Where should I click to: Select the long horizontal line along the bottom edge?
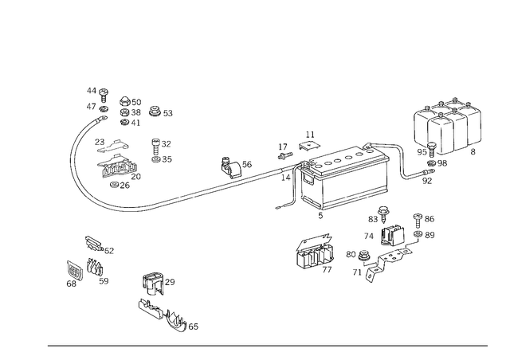267,345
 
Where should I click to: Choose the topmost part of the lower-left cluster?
94,243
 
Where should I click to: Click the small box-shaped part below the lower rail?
312,253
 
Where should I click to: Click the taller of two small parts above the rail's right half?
308,144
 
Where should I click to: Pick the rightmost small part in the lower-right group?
427,226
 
